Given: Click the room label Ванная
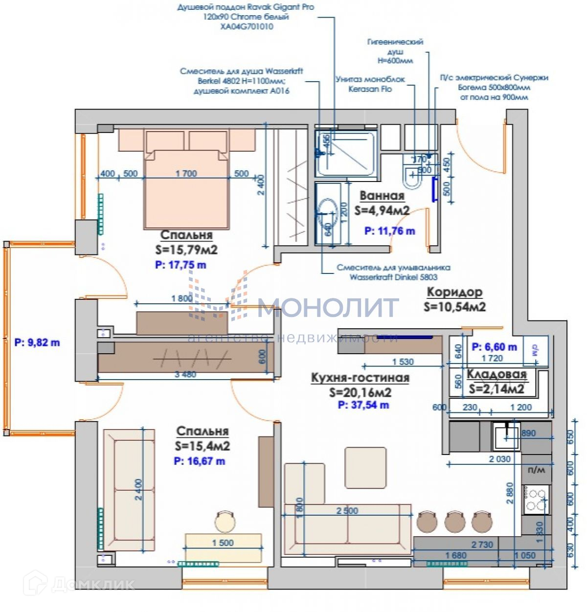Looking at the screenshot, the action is point(382,196).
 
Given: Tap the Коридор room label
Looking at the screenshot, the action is point(454,292).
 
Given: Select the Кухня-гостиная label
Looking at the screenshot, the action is point(360,378).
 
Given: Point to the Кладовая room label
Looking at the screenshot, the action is point(497,374).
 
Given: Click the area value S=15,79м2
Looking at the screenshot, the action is point(186,249).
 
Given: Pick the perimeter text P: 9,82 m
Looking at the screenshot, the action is point(37,342).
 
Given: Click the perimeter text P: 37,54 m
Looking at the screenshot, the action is point(363,405).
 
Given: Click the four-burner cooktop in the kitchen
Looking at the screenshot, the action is point(536,499).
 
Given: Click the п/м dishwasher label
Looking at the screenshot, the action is point(536,470).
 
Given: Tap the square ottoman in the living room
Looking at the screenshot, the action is point(365,467).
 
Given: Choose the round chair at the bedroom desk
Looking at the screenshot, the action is point(226,521).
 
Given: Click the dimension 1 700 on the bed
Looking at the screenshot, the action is point(186,174).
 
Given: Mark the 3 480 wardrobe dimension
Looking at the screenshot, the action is point(185,375).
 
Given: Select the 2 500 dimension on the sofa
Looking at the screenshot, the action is point(347,511).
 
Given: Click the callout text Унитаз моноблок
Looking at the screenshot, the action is point(370,79).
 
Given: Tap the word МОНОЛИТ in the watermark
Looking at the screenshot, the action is point(328,307).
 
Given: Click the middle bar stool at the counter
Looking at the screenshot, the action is point(454,522).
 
